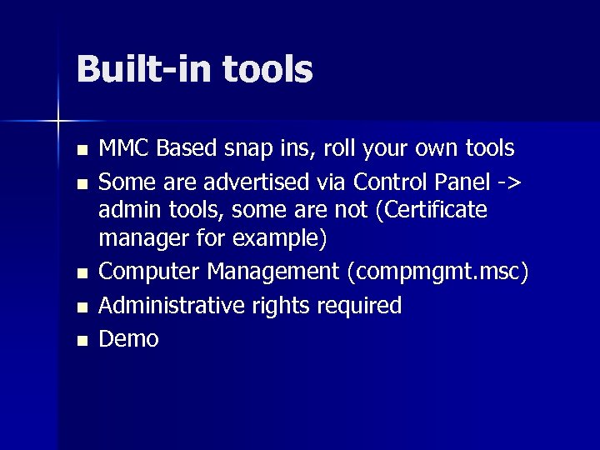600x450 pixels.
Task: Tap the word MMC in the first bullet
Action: click(x=124, y=149)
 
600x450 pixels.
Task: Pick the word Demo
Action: click(x=128, y=337)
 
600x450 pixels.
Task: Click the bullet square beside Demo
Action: click(x=80, y=340)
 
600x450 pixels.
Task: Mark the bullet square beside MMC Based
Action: click(x=80, y=151)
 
